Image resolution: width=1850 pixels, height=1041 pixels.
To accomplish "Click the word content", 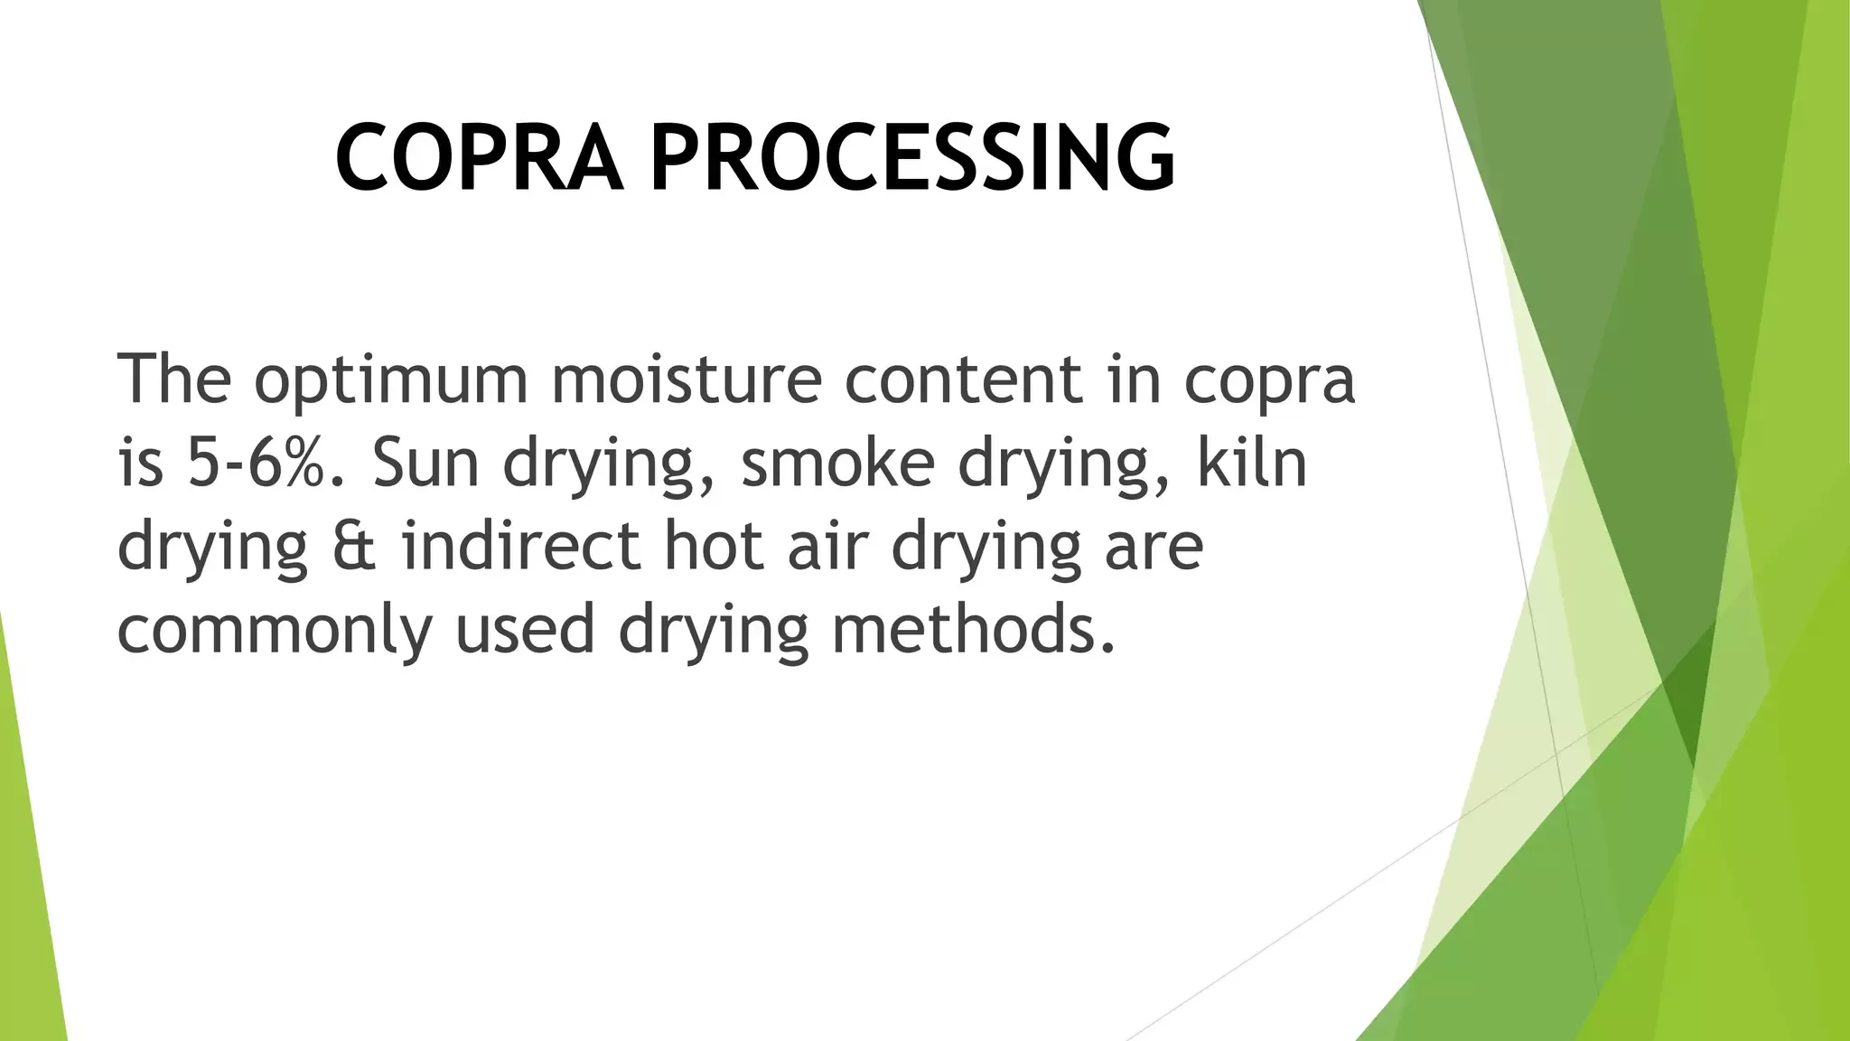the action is pos(963,380).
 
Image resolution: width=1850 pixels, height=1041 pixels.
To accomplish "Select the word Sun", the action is pos(425,462).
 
